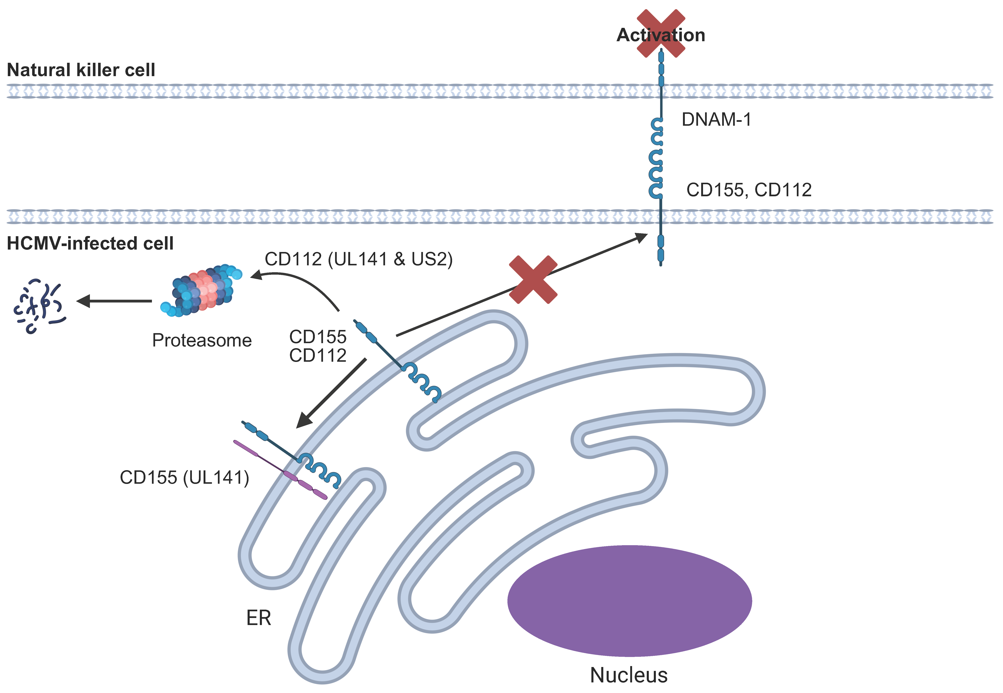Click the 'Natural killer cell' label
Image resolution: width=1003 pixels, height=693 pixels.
tap(81, 70)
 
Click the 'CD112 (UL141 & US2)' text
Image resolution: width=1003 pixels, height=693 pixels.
tap(359, 259)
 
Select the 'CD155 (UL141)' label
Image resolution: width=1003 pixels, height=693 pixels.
tap(185, 478)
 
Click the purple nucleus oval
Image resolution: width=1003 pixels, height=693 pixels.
tap(630, 601)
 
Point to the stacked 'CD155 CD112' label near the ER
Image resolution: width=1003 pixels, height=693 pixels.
tap(318, 346)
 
